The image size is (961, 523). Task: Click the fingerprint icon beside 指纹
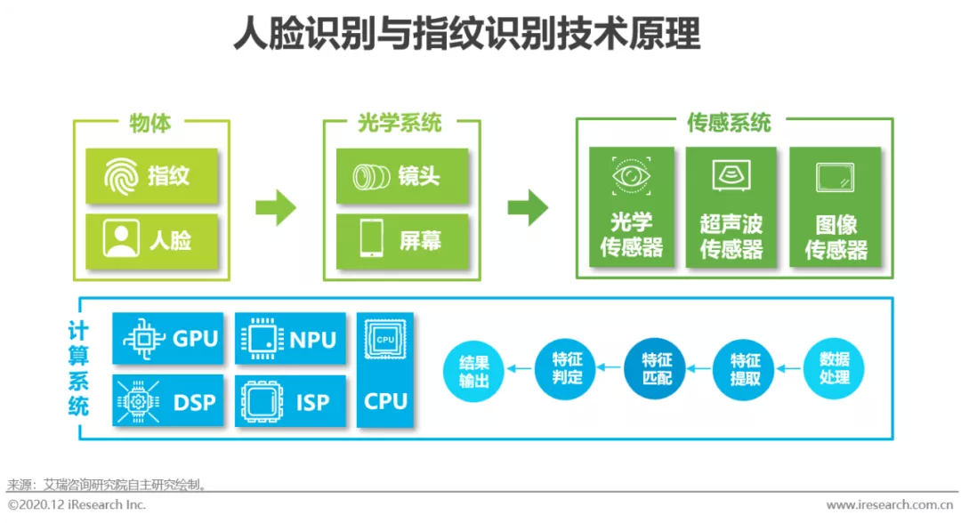point(121,176)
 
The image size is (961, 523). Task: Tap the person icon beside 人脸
point(121,239)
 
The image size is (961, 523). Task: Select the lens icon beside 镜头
point(371,177)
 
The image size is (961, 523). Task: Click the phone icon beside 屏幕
point(371,239)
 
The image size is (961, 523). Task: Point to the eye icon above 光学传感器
point(631,176)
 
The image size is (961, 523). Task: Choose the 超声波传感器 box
point(731,207)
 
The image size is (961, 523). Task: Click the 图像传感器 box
point(836,207)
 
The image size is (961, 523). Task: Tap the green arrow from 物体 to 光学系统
point(276,207)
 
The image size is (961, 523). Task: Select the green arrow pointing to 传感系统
point(528,207)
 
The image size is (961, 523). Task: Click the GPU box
point(168,338)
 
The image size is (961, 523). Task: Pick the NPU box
point(290,338)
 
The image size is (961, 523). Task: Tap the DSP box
point(168,401)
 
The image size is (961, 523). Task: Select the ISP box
point(290,401)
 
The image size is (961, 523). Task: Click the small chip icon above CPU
point(385,339)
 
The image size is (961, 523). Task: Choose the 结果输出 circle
point(473,371)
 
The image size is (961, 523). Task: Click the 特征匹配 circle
point(655,368)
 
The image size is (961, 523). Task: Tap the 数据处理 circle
point(834,368)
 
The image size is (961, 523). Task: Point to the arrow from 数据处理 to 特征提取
point(788,368)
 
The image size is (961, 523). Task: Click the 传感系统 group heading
point(728,123)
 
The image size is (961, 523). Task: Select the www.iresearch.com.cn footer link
point(889,505)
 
